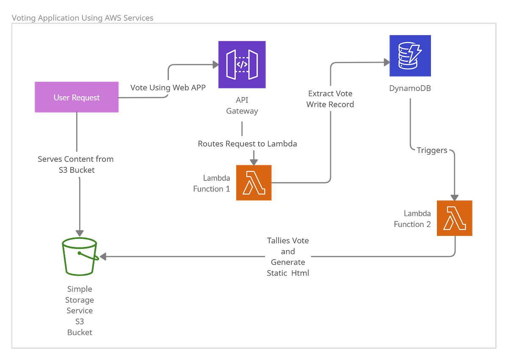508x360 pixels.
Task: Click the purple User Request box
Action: (x=77, y=97)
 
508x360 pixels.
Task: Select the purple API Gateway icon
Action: (x=242, y=64)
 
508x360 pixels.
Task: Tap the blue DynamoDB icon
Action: (x=410, y=56)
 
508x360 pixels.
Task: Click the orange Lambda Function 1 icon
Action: (x=254, y=183)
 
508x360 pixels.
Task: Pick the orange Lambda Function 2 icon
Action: (x=454, y=218)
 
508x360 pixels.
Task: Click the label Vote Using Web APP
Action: (x=168, y=88)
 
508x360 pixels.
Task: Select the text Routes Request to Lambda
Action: (x=247, y=144)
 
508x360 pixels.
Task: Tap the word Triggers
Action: (x=432, y=150)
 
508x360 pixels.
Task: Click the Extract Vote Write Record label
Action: (x=330, y=99)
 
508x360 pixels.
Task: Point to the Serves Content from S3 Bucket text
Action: (x=76, y=164)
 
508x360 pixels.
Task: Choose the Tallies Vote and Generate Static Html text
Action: (x=288, y=257)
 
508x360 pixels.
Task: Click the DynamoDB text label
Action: (x=410, y=88)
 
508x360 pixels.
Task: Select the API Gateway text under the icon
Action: (x=242, y=106)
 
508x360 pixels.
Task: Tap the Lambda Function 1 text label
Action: (x=211, y=183)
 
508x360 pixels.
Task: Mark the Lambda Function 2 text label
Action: (x=412, y=219)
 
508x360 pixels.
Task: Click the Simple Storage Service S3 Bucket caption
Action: (x=80, y=310)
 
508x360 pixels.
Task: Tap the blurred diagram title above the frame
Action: (x=82, y=18)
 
